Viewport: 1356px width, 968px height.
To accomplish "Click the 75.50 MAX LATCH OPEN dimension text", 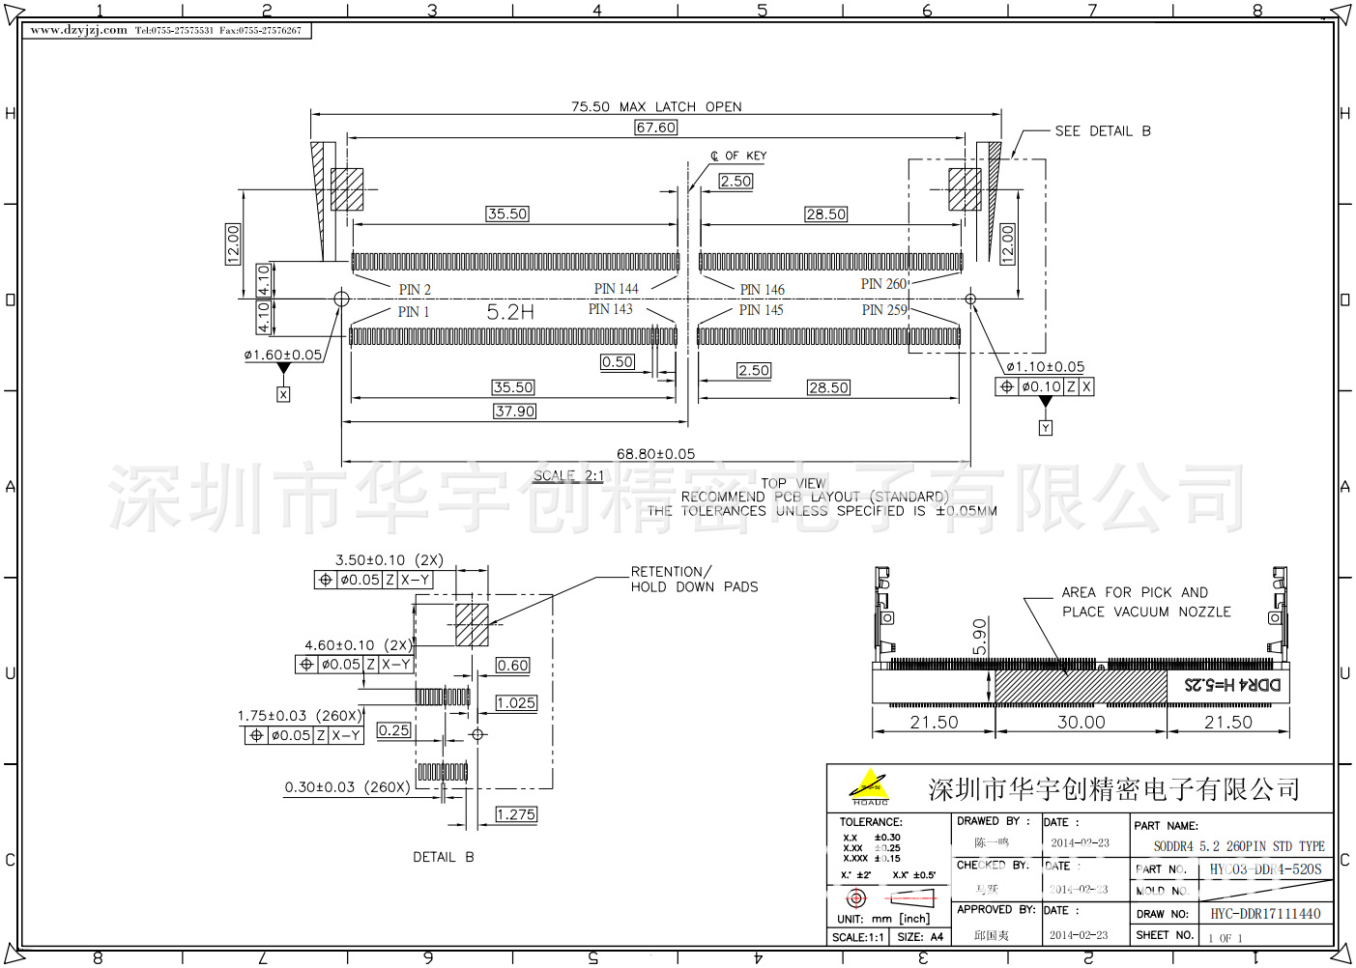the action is pyautogui.click(x=656, y=107).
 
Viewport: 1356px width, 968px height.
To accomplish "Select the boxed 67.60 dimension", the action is pyautogui.click(x=656, y=128).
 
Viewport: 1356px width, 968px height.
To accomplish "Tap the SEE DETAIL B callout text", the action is pyautogui.click(x=1103, y=131).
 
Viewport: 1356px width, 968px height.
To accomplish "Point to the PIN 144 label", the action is pyautogui.click(x=616, y=289).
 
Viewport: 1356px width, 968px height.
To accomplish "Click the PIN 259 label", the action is pyautogui.click(x=884, y=310).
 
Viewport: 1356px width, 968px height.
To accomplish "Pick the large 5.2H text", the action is pyautogui.click(x=510, y=312).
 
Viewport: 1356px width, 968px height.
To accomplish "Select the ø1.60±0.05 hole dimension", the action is pyautogui.click(x=283, y=356).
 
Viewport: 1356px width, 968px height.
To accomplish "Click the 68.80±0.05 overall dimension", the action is pyautogui.click(x=656, y=454).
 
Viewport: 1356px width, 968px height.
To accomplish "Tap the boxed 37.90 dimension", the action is pyautogui.click(x=514, y=412).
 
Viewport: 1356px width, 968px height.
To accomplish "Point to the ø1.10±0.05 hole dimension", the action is pyautogui.click(x=1046, y=367).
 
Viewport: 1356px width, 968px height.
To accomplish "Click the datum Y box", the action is pyautogui.click(x=1046, y=428).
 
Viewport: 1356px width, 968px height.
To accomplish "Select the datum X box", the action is pyautogui.click(x=283, y=395).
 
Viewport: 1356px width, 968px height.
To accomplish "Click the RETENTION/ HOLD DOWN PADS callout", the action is pyautogui.click(x=694, y=580).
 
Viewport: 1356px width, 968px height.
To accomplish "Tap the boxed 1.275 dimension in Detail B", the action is pyautogui.click(x=516, y=815).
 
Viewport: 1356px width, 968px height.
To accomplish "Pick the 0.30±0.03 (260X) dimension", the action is pyautogui.click(x=347, y=787).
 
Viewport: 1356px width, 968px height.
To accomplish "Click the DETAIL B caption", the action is pyautogui.click(x=444, y=858).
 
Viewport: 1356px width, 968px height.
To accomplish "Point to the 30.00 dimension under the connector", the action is pyautogui.click(x=1081, y=723).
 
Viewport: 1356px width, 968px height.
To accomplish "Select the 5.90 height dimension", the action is pyautogui.click(x=980, y=637).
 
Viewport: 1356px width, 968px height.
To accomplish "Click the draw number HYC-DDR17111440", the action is pyautogui.click(x=1265, y=914).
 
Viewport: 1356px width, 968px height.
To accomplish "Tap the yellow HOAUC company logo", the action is pyautogui.click(x=870, y=787).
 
